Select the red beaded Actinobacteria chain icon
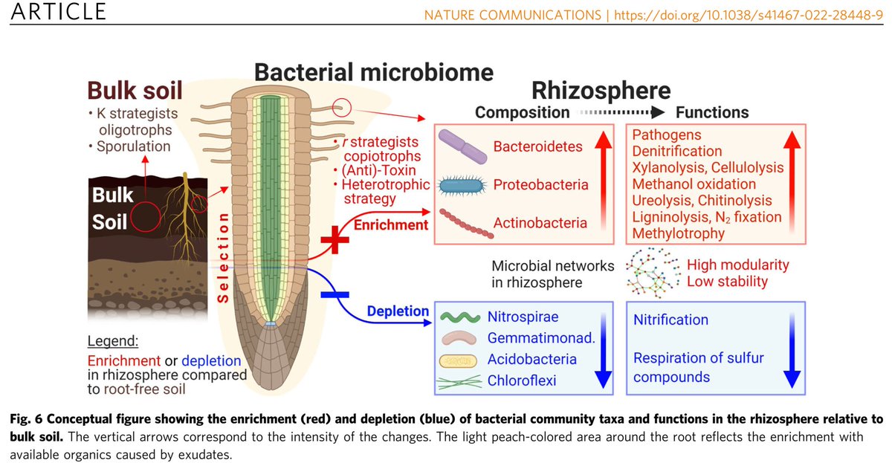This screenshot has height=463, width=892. coord(466,223)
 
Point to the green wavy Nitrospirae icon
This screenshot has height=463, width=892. coord(459,317)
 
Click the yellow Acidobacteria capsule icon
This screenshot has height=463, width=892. coord(459,360)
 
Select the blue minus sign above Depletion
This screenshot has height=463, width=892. coord(334,295)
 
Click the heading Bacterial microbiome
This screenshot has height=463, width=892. coord(374,72)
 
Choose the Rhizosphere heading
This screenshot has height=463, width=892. coord(601,91)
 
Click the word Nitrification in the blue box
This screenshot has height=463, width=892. coord(670,320)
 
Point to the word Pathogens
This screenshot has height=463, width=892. coord(667,135)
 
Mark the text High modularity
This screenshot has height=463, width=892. coord(737,265)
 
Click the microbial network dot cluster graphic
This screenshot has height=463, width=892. coord(652,273)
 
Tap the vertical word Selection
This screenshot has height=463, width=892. coord(222,253)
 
